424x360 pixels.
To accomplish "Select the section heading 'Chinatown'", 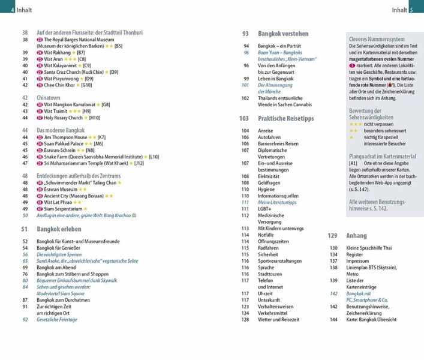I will (x=49, y=97).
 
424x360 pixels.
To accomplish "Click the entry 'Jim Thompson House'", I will (x=65, y=137).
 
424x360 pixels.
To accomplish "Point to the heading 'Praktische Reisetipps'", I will (x=285, y=119).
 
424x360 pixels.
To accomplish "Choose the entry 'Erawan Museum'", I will (x=62, y=189).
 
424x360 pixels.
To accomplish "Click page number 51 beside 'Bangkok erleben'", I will (x=25, y=229).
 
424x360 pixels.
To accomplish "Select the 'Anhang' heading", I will (x=356, y=236).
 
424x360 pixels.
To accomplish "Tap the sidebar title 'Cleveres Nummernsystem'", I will (x=374, y=40).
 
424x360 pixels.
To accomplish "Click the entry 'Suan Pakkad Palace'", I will (x=65, y=143).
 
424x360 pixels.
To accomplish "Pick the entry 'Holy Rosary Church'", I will (x=65, y=118).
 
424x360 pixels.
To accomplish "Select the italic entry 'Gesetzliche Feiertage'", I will (x=57, y=320).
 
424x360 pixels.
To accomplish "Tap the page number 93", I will (x=245, y=34).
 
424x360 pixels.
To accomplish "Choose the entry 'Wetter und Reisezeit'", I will (x=279, y=320).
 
